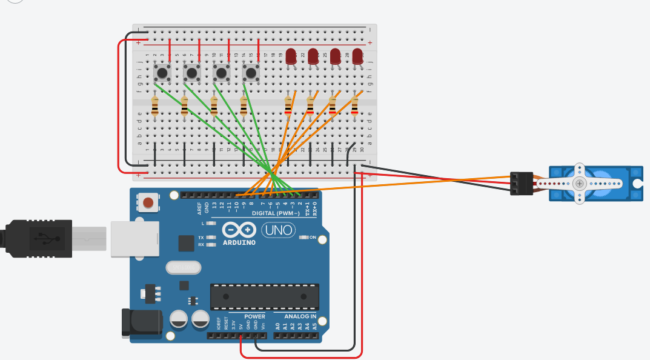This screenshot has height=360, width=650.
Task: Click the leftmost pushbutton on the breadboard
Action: pyautogui.click(x=162, y=73)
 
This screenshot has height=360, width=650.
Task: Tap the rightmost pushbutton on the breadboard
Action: pyautogui.click(x=251, y=74)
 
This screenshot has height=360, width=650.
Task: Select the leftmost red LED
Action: pyautogui.click(x=291, y=56)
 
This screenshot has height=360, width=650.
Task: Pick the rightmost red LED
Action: pyautogui.click(x=357, y=56)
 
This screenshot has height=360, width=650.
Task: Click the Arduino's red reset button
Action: pyautogui.click(x=147, y=202)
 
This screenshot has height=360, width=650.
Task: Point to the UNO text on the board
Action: pyautogui.click(x=278, y=230)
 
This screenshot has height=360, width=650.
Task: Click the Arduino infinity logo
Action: pyautogui.click(x=239, y=230)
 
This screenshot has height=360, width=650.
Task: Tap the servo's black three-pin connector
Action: pyautogui.click(x=521, y=183)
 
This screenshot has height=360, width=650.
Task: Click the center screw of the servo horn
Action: pyautogui.click(x=580, y=183)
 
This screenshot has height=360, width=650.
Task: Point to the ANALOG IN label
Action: pyautogui.click(x=300, y=316)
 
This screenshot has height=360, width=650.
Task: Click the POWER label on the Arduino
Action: pyautogui.click(x=254, y=316)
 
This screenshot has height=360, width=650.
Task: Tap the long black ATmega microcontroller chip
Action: pyautogui.click(x=264, y=296)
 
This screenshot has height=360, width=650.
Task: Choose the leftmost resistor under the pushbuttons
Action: pyautogui.click(x=155, y=106)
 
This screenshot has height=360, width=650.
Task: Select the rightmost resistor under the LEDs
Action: pyautogui.click(x=354, y=106)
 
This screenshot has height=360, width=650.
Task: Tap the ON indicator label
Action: pyautogui.click(x=313, y=238)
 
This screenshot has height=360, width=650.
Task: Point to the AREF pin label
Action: pyautogui.click(x=199, y=208)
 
